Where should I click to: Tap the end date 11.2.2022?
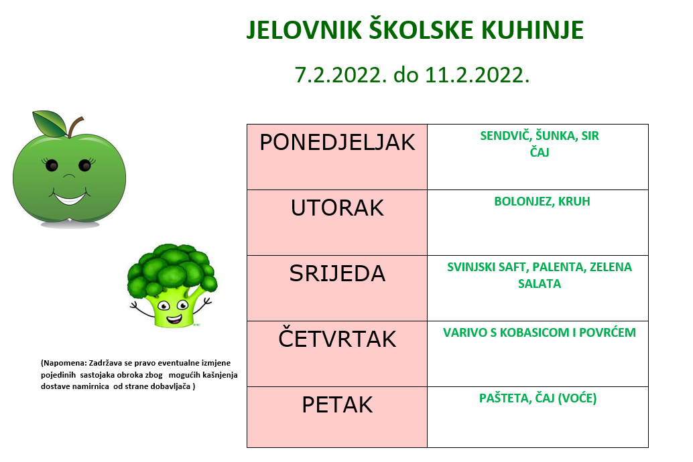[x=477, y=74]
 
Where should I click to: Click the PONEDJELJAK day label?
[x=337, y=142]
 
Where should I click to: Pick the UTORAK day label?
[x=337, y=208]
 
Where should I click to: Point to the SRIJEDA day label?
[x=337, y=273]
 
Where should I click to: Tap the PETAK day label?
[x=337, y=404]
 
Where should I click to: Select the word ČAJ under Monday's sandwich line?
[x=540, y=152]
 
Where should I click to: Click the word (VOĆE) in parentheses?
[x=577, y=398]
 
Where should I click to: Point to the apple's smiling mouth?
[x=70, y=198]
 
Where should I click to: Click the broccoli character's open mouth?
[x=174, y=318]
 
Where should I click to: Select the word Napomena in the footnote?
[x=64, y=363]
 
